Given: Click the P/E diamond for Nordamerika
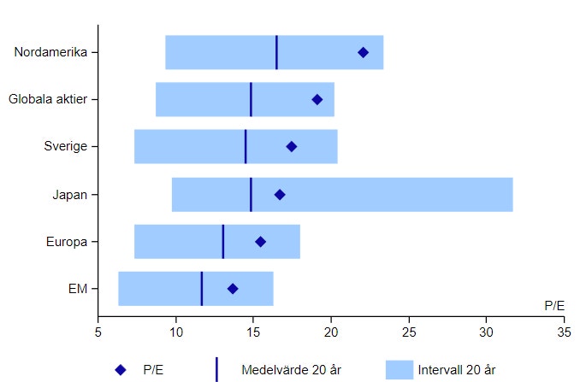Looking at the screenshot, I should tap(363, 53).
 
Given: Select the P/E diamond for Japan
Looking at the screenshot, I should tap(280, 195).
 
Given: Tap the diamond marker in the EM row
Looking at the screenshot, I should tap(233, 289).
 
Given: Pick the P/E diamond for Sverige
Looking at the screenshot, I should tap(292, 147).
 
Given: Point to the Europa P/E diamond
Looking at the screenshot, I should tap(261, 242).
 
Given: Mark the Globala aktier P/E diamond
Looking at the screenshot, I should tap(317, 100).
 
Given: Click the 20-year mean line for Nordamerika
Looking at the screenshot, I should tap(276, 53).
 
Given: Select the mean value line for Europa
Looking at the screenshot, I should tap(223, 242).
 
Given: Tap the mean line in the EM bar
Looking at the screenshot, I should tap(202, 289).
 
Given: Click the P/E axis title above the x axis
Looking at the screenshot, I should tap(553, 305).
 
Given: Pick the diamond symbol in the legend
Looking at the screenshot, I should tap(121, 370).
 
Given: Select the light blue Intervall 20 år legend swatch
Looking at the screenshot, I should tap(399, 370).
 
